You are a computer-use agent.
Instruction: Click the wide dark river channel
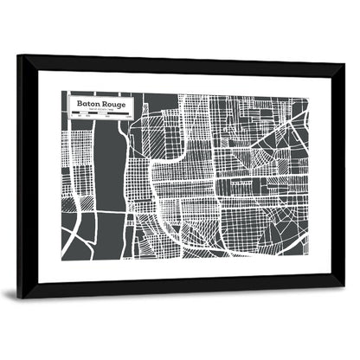pos(108,173)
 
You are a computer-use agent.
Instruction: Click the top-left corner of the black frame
pos(20,57)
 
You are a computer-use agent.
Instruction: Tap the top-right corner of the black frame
pos(343,66)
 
